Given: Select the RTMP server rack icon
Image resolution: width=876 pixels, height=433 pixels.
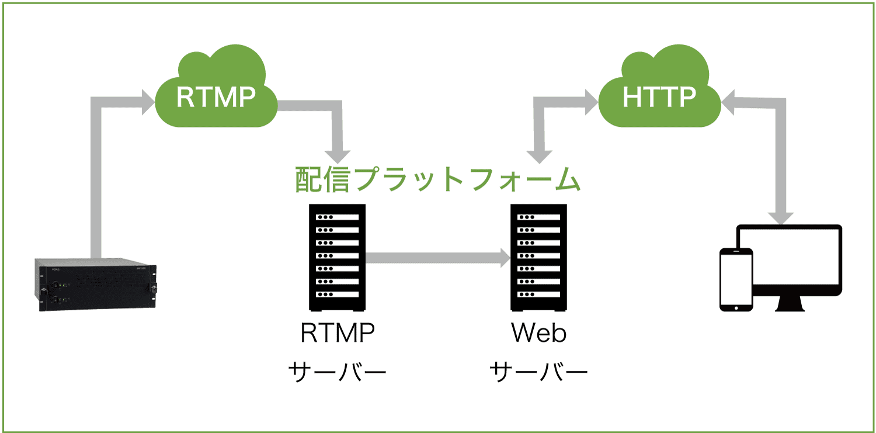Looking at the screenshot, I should (337, 257).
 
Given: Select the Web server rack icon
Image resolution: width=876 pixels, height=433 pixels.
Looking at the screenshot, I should (538, 257).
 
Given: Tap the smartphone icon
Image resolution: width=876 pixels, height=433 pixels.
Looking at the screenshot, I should (736, 278).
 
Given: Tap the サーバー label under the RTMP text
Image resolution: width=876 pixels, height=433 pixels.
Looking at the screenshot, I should (337, 370).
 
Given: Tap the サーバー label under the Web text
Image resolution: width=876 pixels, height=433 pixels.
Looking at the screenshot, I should (538, 370).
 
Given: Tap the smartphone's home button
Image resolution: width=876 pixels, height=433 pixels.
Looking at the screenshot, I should (736, 306).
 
